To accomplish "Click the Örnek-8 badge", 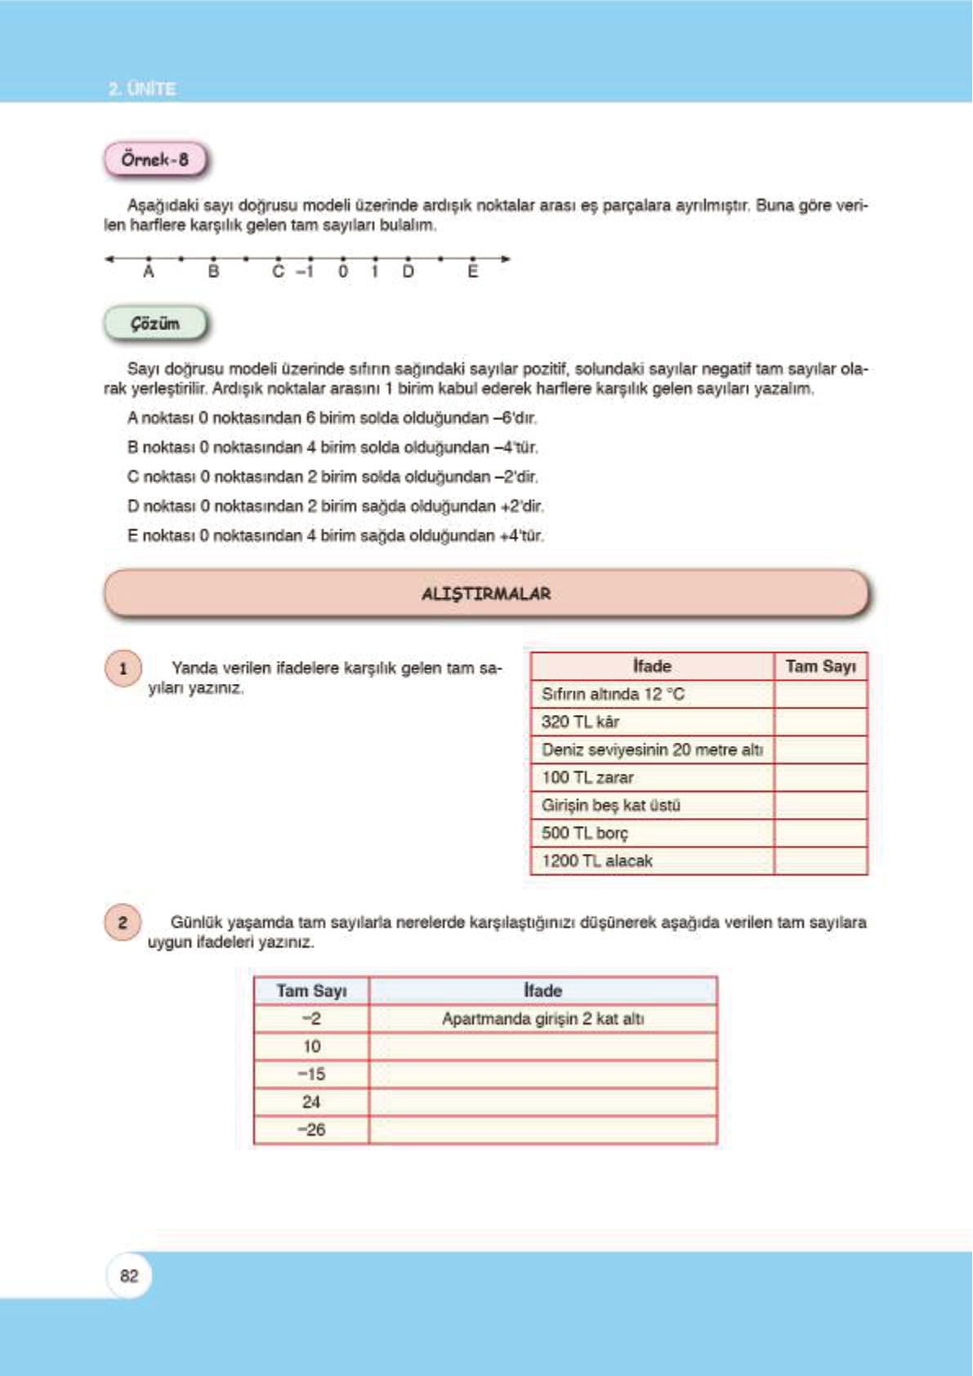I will (x=155, y=159).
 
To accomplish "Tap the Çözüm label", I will (x=155, y=324).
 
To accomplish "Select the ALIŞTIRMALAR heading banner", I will (x=486, y=593).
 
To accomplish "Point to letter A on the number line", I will (x=149, y=272).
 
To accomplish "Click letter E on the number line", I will (x=473, y=272).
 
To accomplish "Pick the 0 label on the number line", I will (x=343, y=272).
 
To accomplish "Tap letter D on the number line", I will (x=408, y=272).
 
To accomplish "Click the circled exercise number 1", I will (x=123, y=669).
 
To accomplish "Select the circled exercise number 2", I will (x=123, y=923).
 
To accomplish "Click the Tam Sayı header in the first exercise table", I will (x=820, y=667).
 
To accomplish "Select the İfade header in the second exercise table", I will (x=543, y=991).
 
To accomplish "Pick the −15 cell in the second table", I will (x=311, y=1074).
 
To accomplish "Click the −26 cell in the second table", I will (x=311, y=1130).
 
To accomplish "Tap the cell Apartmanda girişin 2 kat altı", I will (x=543, y=1019).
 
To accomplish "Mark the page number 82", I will (x=129, y=1276).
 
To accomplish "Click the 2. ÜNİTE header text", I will (x=142, y=88).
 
